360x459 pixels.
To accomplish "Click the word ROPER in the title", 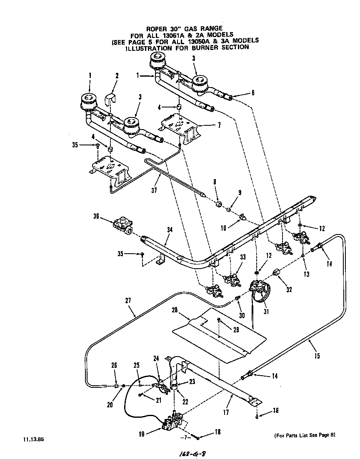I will [156, 28].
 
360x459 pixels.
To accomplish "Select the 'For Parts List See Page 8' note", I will [305, 436].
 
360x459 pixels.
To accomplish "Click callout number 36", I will [96, 216].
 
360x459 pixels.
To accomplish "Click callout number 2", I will [117, 76].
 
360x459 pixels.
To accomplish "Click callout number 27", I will [127, 299].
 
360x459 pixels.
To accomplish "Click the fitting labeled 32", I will [275, 272].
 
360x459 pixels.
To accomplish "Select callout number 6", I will [252, 92].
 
